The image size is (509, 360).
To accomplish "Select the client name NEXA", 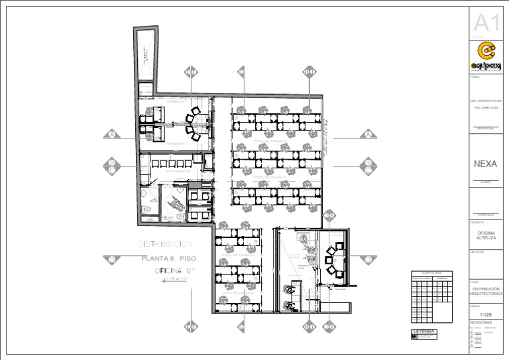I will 486,164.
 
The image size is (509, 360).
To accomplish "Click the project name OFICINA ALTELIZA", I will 486,235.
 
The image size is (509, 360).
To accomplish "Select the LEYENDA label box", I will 424,331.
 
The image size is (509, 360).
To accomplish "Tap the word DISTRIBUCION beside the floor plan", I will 165,245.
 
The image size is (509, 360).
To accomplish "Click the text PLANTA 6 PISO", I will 168,259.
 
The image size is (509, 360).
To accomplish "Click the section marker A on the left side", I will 113,134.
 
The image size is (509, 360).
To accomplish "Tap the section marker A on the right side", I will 368,135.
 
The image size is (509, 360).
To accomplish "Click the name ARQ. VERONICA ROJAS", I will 486,101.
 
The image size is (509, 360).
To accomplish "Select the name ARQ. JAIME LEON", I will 486,109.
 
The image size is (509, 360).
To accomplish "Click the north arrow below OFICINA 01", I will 174,280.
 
